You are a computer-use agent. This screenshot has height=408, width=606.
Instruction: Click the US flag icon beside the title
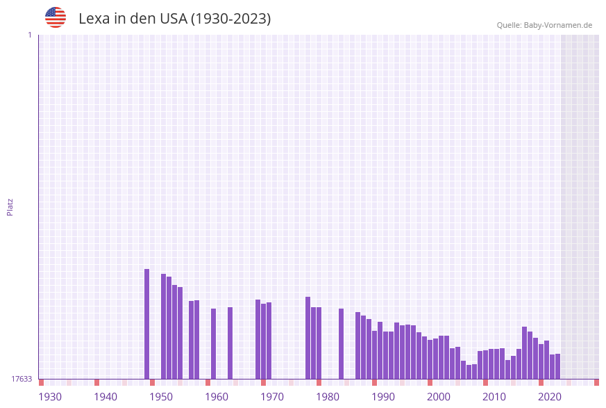56,17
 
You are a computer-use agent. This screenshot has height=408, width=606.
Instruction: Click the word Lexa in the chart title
93,19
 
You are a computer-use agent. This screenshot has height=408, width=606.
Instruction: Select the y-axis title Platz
10,206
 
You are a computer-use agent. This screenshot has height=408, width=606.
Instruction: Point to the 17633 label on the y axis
22,379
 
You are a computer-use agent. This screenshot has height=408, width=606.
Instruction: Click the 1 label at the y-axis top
29,35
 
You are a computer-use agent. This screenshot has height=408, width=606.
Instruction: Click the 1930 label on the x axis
50,397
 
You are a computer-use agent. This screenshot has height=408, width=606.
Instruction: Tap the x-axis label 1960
217,397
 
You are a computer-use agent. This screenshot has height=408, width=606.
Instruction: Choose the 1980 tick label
328,397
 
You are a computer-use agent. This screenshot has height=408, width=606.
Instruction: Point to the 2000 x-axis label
439,397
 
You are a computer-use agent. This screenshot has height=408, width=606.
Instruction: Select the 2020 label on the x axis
550,397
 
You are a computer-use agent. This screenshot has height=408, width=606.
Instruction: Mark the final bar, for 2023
558,366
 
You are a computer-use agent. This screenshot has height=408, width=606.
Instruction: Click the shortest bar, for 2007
469,372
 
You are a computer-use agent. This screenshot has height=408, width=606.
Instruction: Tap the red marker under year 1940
97,382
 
